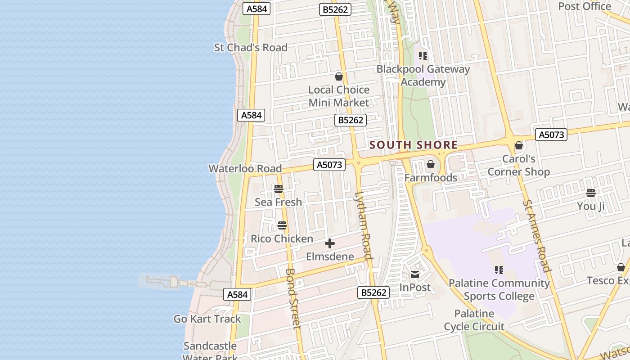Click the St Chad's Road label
pos(251,47)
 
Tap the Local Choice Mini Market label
pos(338,96)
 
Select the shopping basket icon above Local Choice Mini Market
pos(339,77)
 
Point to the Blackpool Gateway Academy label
pos(423,76)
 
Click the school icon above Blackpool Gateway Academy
pos(423,56)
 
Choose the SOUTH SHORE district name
pos(414,145)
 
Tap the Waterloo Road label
pos(245,169)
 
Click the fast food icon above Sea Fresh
pos(279,189)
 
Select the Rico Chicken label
pos(282,238)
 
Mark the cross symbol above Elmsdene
pos(330,244)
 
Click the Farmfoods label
pos(431,178)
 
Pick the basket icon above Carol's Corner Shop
pos(519,145)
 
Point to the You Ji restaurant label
pos(591,206)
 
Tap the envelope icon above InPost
pos(415,274)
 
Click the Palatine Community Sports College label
pos(499,289)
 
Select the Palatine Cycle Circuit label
pos(474,320)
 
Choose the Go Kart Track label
pos(207,319)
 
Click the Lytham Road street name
pos(363,225)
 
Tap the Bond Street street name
pos(293,299)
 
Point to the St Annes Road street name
pos(537,236)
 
